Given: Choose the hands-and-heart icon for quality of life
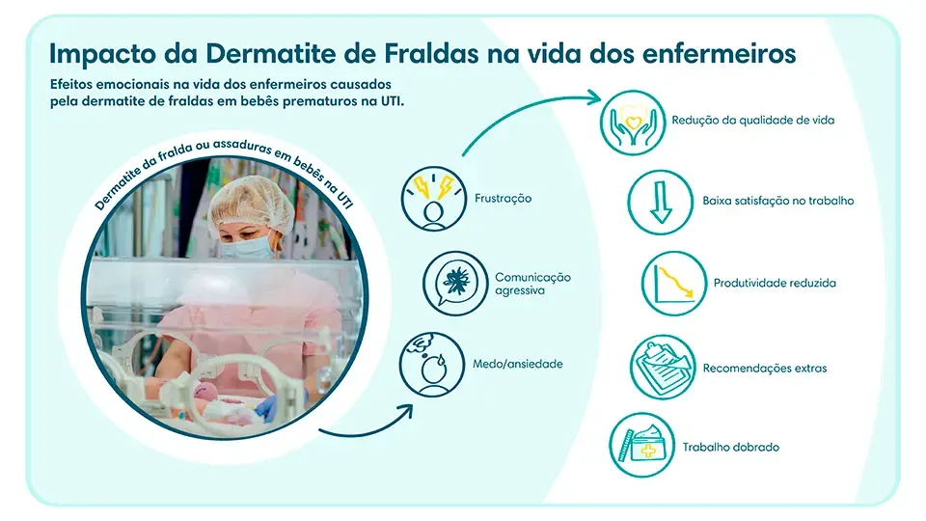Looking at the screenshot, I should tap(634, 122).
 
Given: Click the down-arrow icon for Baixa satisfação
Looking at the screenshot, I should tap(661, 202).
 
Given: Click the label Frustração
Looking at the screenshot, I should tap(503, 199).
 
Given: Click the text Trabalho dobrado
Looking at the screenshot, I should tap(730, 448).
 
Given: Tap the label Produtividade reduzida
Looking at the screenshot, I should tap(775, 284).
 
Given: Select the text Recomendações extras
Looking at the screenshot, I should tap(764, 368).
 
